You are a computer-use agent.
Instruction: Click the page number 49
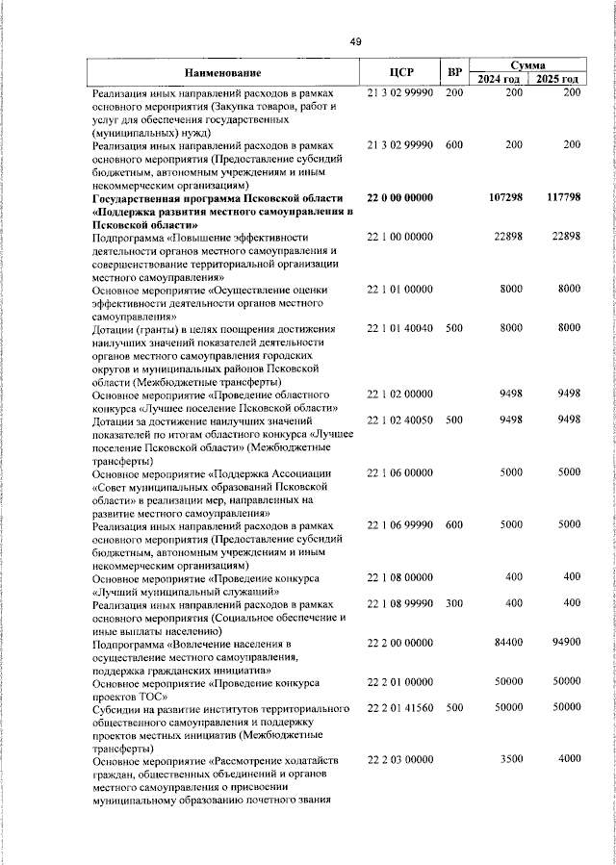355,42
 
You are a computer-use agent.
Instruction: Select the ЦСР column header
401,73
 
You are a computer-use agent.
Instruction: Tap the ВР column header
454,73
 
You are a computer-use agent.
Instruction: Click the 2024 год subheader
500,80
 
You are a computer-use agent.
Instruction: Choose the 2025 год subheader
558,80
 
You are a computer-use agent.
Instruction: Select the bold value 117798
559,197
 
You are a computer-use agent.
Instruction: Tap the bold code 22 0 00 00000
401,197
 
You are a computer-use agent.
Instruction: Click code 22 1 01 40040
401,328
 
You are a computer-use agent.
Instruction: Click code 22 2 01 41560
401,708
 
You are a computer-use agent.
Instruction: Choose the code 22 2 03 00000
401,759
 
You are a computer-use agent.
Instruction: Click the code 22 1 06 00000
401,472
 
